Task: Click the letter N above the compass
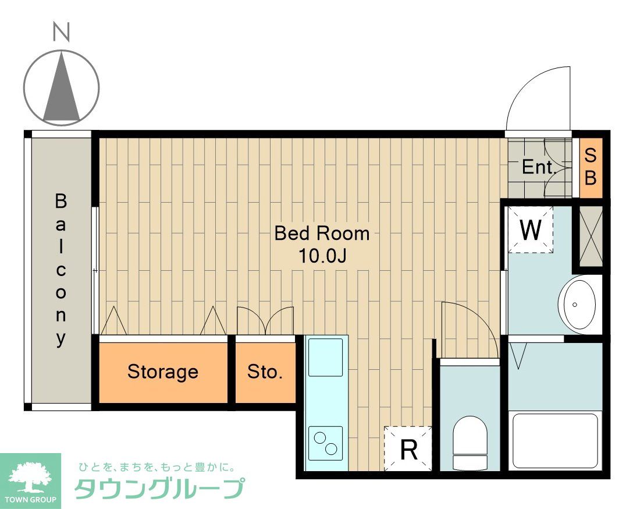[x=61, y=32]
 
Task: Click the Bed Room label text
[x=322, y=234]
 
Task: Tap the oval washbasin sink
[x=577, y=304]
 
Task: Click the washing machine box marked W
[x=530, y=230]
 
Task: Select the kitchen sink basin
[x=325, y=357]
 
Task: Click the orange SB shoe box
[x=590, y=167]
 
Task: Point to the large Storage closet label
[x=162, y=372]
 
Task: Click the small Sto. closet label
[x=265, y=372]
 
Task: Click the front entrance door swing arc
[x=535, y=96]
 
